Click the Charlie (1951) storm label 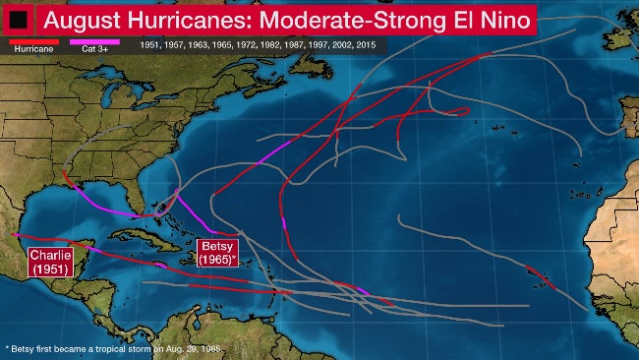(48, 263)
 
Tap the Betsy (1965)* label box (217, 253)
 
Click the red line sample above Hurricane (26, 41)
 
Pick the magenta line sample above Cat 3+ (94, 41)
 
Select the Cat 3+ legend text (94, 48)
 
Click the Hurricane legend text (27, 48)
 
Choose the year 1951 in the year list (150, 45)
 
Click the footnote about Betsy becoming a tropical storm (113, 348)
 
